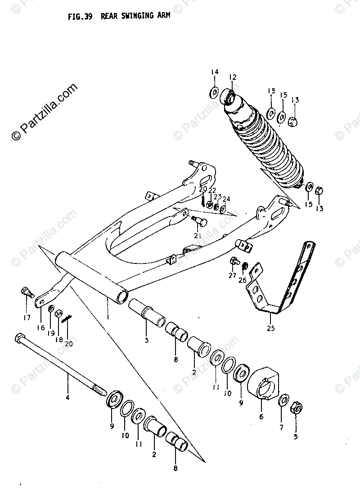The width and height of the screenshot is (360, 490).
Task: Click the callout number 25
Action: coord(270,327)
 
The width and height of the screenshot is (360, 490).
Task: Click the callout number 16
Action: coord(41,328)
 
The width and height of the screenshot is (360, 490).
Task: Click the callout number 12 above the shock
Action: coord(233,77)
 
